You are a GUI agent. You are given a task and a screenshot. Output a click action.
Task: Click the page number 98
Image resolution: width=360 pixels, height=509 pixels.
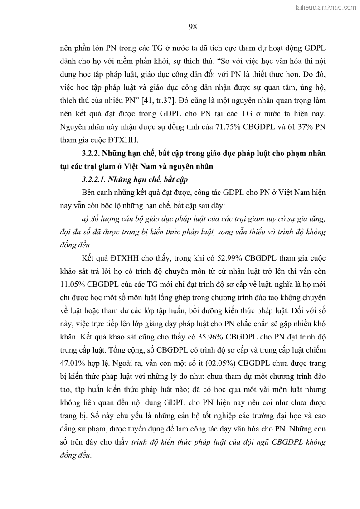pyautogui.click(x=192, y=27)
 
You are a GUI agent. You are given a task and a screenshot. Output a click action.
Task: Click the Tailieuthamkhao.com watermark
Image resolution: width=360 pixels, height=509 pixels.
pyautogui.click(x=325, y=7)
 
